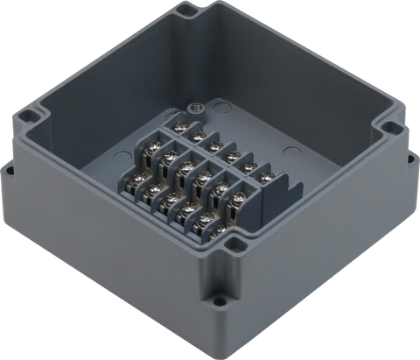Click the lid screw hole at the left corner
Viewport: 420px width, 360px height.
29,115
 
